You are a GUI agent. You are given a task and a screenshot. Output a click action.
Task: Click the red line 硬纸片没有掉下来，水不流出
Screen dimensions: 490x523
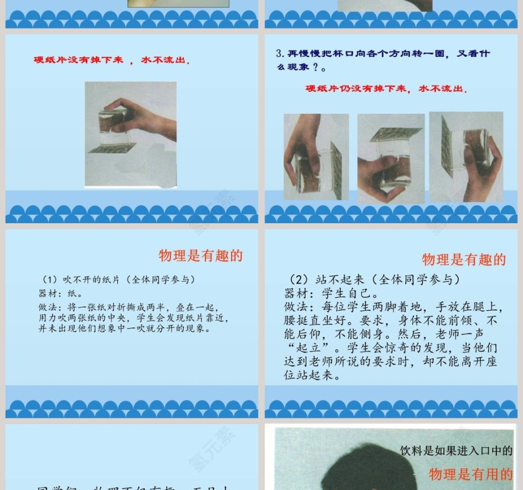(112, 60)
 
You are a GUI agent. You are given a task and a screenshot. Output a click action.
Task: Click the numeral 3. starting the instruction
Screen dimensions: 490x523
(280, 53)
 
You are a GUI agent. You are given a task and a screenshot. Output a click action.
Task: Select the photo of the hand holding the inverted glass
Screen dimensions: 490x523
(131, 134)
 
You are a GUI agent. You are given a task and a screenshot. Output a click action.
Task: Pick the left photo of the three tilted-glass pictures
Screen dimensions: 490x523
(316, 157)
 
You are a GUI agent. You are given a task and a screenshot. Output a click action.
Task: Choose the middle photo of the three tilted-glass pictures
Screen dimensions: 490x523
(391, 158)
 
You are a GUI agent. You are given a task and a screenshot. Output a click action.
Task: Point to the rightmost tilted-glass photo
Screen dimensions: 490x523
(466, 156)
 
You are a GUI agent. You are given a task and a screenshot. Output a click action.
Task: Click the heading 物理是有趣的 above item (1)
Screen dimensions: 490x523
(200, 256)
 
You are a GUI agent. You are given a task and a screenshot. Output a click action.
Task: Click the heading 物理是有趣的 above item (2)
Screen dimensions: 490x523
(464, 259)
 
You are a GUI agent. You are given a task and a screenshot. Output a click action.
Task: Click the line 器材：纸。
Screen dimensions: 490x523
(61, 293)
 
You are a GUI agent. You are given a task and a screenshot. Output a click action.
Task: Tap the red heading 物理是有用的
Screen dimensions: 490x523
(471, 474)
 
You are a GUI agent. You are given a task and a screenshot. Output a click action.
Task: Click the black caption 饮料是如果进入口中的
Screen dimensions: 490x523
(456, 451)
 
